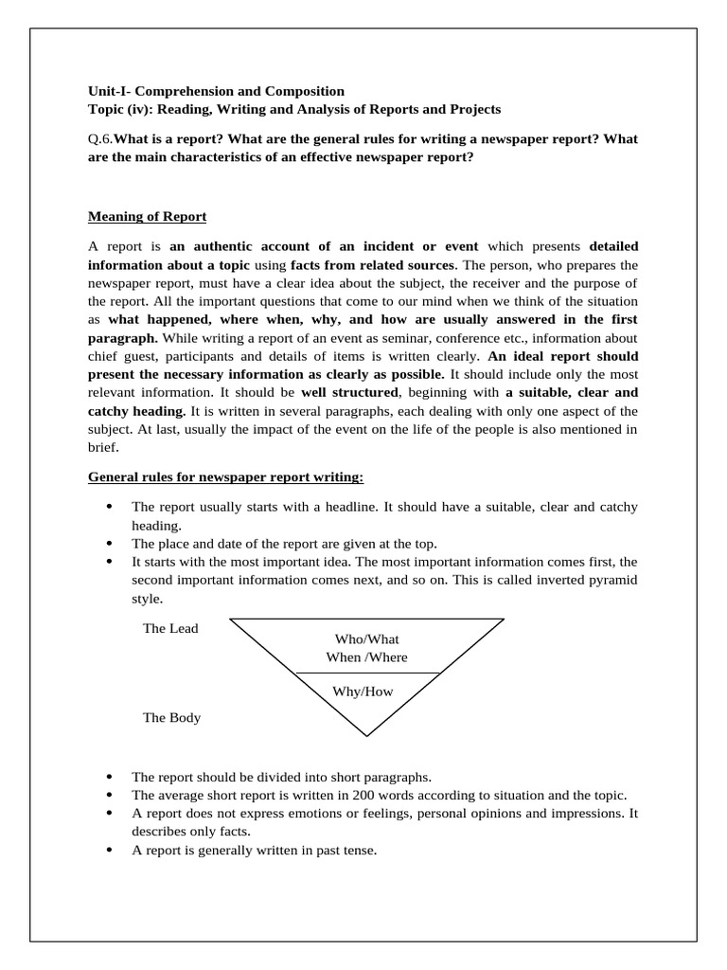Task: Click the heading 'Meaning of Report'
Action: coord(147,217)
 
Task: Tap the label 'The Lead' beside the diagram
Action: coord(170,628)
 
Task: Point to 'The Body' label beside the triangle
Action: coord(171,717)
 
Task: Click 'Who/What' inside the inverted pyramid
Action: coord(367,638)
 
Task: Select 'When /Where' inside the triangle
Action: coord(367,656)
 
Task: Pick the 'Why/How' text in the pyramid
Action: coord(363,691)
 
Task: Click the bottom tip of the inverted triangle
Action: coord(367,734)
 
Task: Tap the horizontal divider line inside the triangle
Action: coord(367,674)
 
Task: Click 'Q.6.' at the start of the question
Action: coord(99,139)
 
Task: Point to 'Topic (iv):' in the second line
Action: coord(120,110)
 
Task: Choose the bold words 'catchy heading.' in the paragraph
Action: coord(137,410)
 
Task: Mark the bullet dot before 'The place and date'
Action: coord(111,544)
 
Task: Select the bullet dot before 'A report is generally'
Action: coord(111,850)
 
